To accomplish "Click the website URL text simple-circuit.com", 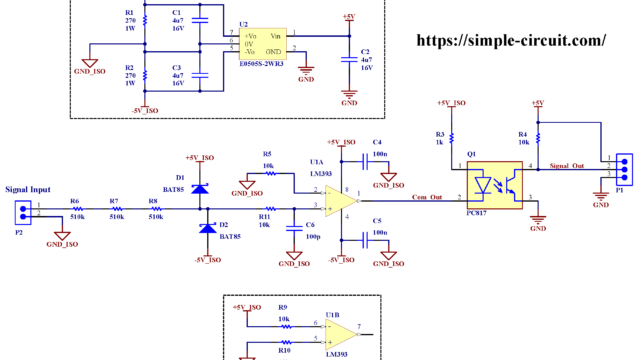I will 510,41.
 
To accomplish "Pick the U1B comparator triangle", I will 341,331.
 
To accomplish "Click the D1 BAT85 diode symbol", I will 199,187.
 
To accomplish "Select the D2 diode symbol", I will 208,228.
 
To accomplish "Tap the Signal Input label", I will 27,188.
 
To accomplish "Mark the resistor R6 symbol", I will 75,208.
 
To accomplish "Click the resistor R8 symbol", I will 156,208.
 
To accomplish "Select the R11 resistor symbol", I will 264,208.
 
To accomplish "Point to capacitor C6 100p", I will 294,227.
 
